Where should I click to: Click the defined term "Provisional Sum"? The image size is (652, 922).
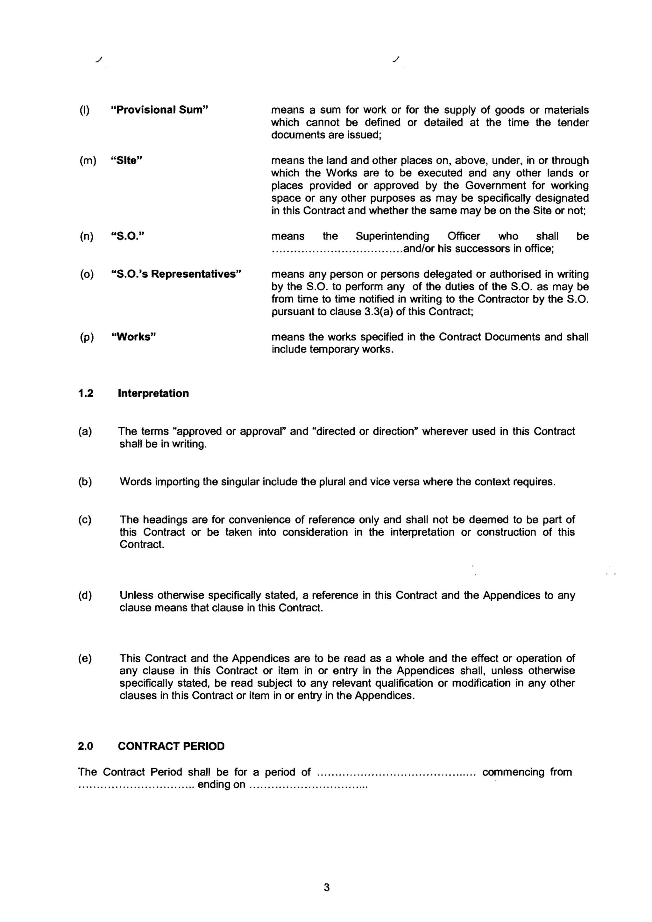(159, 110)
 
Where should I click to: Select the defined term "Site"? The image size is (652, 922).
(126, 161)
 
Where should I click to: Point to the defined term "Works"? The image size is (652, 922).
(133, 337)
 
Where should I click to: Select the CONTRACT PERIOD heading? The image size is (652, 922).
(171, 746)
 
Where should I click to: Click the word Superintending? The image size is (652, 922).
(392, 236)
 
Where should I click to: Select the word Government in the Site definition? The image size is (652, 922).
(491, 186)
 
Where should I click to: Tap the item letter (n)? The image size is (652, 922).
(87, 236)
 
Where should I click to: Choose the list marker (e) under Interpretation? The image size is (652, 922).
(85, 659)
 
